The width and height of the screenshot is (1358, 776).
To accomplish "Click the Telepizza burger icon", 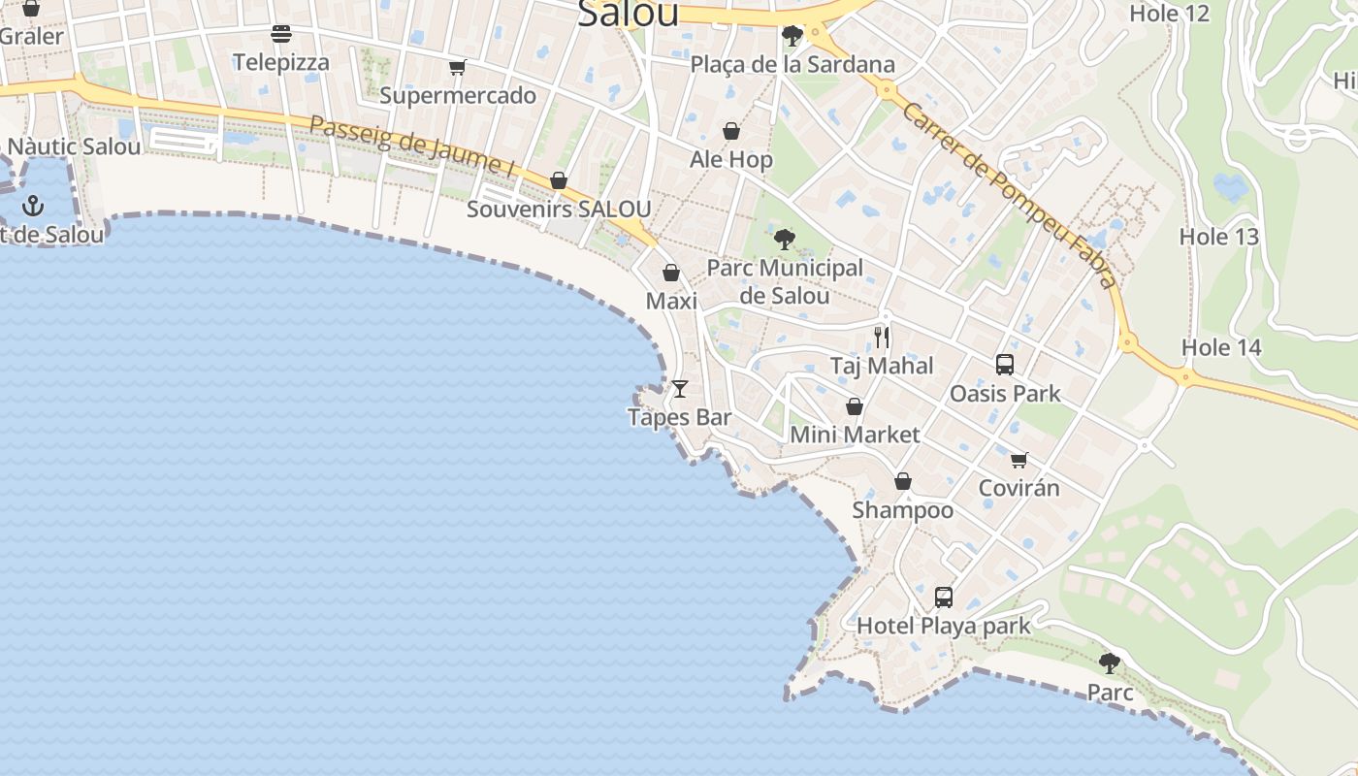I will pyautogui.click(x=281, y=35).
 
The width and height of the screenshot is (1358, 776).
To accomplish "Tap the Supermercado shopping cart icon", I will pyautogui.click(x=458, y=68).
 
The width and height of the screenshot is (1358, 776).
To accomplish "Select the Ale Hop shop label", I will pyautogui.click(x=731, y=159).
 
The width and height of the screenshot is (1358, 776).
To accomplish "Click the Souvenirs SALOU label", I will pyautogui.click(x=559, y=209).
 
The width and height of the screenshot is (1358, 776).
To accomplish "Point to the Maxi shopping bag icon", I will pyautogui.click(x=670, y=273).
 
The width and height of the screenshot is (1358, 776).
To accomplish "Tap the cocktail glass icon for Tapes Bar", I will pyautogui.click(x=680, y=389).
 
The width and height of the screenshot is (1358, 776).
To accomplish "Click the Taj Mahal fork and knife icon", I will pyautogui.click(x=882, y=338).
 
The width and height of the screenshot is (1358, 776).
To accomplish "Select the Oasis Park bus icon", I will pyautogui.click(x=1005, y=365).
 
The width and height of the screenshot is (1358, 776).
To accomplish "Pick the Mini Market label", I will pyautogui.click(x=855, y=434).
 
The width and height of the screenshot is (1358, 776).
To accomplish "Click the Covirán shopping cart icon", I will pyautogui.click(x=1018, y=460).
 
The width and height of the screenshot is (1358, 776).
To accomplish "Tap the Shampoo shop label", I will pyautogui.click(x=903, y=509).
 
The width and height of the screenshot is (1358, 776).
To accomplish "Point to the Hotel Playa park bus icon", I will pyautogui.click(x=944, y=598).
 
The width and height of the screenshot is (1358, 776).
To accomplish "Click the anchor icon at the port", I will pyautogui.click(x=34, y=206).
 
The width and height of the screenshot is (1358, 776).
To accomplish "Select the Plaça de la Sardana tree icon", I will pyautogui.click(x=792, y=37).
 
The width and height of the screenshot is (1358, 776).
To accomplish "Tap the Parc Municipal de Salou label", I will pyautogui.click(x=785, y=281).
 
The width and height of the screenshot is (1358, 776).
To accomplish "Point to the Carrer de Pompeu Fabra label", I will pyautogui.click(x=1009, y=194).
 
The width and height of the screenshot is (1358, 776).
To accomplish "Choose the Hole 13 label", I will pyautogui.click(x=1219, y=236).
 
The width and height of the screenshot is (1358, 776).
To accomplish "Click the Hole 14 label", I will pyautogui.click(x=1221, y=347).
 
